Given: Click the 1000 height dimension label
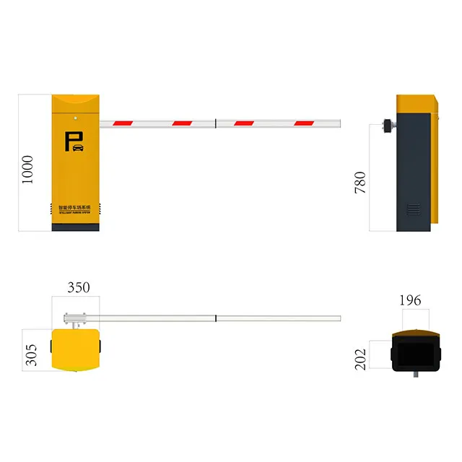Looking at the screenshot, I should (28, 168).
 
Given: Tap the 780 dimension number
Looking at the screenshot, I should (360, 182).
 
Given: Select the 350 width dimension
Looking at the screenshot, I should (78, 287).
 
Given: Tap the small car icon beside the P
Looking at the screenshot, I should (78, 148).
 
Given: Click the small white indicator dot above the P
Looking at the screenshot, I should (75, 114).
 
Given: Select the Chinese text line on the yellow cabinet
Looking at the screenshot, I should (75, 206).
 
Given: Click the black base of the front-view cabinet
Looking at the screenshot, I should (75, 227).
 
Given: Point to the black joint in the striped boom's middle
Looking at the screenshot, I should (216, 122).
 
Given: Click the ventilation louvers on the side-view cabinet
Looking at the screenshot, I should (412, 210).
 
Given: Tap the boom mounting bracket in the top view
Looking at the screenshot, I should (74, 318).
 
